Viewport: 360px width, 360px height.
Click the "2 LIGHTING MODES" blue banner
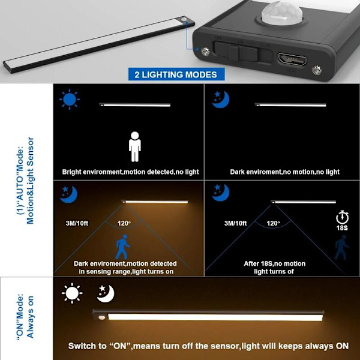[176, 74]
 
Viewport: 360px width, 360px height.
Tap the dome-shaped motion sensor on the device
[282, 13]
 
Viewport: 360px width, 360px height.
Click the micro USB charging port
[292, 59]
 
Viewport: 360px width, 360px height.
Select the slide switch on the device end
[244, 53]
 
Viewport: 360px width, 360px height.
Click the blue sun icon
[70, 100]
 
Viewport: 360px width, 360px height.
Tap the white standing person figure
[135, 147]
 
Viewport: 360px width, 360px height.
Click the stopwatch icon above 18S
[342, 217]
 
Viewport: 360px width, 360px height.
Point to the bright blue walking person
[122, 247]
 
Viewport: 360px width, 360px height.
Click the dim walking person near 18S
[341, 247]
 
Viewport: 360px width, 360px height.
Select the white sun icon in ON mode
[72, 293]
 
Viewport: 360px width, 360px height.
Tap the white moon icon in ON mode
[106, 293]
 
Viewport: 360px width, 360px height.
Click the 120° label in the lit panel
[124, 223]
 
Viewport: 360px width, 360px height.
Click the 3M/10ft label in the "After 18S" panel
[235, 223]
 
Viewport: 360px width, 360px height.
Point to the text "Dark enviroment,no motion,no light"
[284, 172]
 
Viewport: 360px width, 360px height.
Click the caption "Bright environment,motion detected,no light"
[130, 172]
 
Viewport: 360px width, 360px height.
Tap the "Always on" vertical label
[31, 317]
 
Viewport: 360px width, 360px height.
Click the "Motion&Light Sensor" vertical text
[30, 181]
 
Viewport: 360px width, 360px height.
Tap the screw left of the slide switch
[205, 52]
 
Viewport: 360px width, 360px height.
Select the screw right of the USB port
[317, 70]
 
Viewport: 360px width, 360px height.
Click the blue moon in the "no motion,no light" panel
[221, 100]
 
